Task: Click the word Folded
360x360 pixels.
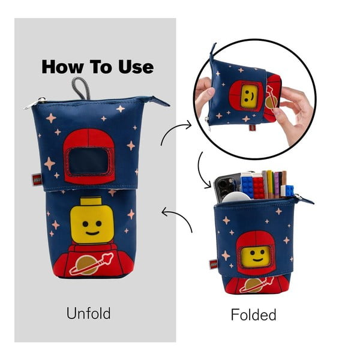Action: (253, 314)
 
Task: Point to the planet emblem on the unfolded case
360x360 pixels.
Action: (90, 264)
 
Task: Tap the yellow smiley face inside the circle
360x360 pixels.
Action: (247, 95)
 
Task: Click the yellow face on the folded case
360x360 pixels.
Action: (256, 257)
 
